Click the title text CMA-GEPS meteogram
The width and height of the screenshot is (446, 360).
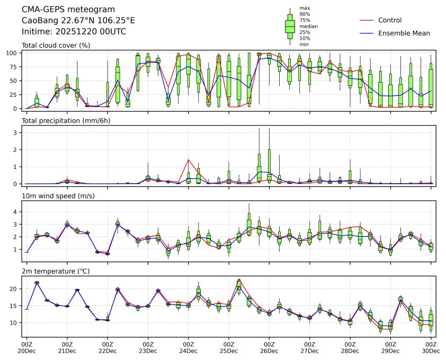[60, 10]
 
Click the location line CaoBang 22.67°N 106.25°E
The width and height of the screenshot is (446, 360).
[78, 21]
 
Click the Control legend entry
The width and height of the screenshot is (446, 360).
[389, 21]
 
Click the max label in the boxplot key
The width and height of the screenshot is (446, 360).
[304, 8]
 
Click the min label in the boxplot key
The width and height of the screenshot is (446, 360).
[304, 44]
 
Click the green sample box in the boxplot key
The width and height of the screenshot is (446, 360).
[290, 26]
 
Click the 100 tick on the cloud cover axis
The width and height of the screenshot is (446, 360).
[12, 53]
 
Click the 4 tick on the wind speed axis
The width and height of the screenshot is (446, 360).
[16, 212]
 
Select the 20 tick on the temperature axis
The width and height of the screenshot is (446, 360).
[14, 289]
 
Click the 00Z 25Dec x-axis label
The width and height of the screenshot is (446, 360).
[229, 347]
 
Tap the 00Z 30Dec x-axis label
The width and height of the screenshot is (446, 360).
[431, 347]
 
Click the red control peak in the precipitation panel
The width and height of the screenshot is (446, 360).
[189, 159]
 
